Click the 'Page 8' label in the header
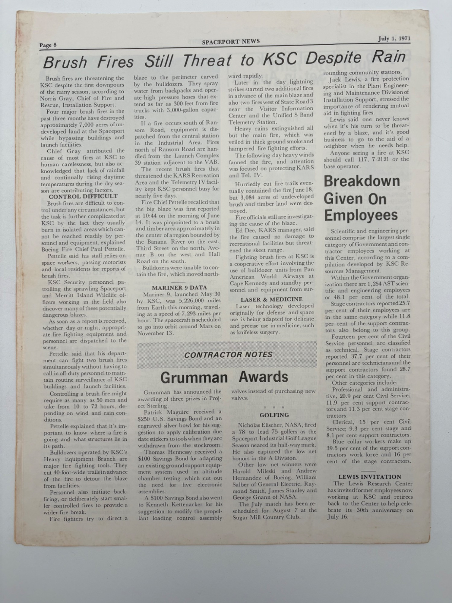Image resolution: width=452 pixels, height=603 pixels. pos(48,46)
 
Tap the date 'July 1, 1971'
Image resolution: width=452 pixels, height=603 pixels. pos(394,39)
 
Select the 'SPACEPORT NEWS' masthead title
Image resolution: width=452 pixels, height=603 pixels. pos(231,42)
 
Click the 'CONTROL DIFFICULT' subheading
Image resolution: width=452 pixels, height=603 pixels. pos(83,197)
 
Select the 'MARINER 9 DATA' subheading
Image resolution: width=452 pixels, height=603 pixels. pos(179,288)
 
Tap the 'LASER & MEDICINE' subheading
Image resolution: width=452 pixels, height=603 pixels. pos(271,299)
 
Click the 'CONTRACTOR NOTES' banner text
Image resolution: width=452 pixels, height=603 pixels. pos(228,355)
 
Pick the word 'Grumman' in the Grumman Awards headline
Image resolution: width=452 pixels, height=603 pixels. pos(194,377)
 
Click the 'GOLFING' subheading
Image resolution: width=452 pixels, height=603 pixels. pos(274,415)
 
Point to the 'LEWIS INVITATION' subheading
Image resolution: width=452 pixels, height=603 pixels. pos(369,477)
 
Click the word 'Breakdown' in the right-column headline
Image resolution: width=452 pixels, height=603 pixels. pos(362,182)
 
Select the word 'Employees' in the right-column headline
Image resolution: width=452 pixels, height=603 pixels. pos(361,215)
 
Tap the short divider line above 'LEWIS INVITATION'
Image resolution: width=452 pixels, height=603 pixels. pos(368,471)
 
